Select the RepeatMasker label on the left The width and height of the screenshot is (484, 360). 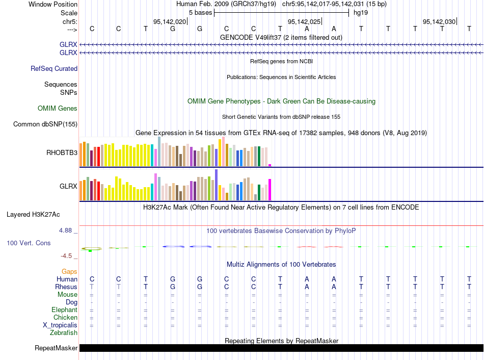tap(56, 348)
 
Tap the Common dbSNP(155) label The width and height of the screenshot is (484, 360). tap(45, 124)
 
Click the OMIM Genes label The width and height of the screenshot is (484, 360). tap(58, 108)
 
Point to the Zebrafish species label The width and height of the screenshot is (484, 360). tap(64, 333)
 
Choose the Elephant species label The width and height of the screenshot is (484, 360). tap(64, 310)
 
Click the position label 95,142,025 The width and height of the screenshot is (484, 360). tap(304, 22)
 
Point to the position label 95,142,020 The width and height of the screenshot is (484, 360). tap(170, 22)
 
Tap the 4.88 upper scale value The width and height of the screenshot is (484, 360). tap(67, 230)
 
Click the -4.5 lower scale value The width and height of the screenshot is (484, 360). tap(68, 256)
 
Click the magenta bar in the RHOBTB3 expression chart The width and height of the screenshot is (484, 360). tap(270, 165)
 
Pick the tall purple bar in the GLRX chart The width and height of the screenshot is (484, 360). tap(217, 185)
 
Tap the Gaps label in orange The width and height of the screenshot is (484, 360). tap(69, 272)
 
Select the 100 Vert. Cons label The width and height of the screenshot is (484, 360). tap(29, 243)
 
